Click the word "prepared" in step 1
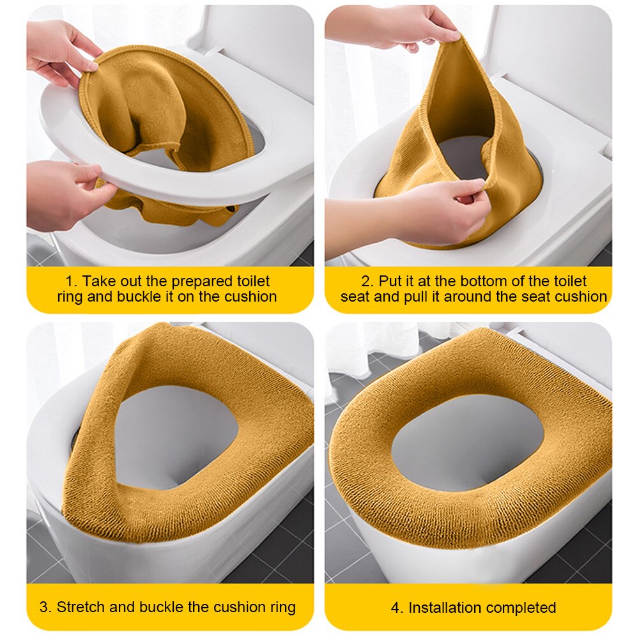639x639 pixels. [202, 282]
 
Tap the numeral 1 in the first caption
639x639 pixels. [69, 281]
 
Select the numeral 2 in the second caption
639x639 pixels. [367, 281]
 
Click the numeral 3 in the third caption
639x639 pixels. [45, 607]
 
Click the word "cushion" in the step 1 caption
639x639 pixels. [250, 296]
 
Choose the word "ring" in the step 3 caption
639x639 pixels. [283, 608]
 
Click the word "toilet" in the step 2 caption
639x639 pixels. [570, 281]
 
